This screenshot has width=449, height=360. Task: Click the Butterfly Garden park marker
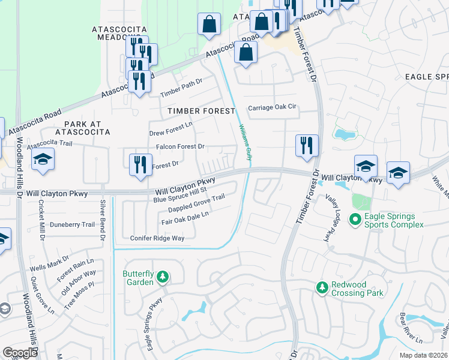pos(162,277)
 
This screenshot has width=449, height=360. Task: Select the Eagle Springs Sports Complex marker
pos(355,220)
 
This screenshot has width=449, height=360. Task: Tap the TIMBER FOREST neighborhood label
pos(200,111)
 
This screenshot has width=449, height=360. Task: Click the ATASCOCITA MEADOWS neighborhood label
pos(119,32)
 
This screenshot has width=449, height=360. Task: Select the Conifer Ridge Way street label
pos(157,238)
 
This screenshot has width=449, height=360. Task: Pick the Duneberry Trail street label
pos(72,224)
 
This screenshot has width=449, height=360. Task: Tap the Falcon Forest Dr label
pos(180,146)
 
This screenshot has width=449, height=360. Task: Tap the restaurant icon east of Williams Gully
pos(306,145)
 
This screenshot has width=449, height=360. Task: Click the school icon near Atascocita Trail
pos(42,160)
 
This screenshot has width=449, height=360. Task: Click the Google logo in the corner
pos(20,353)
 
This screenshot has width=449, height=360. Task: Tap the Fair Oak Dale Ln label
pos(185,218)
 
